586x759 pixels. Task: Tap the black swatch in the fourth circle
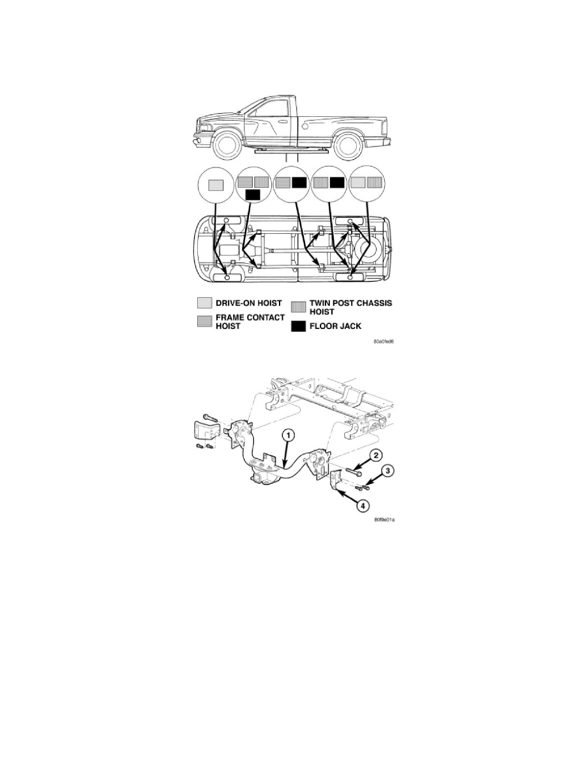338,183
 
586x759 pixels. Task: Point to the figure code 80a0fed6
384,342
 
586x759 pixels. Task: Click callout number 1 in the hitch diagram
288,436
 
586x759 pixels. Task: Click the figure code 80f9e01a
384,519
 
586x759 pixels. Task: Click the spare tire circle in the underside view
367,250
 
